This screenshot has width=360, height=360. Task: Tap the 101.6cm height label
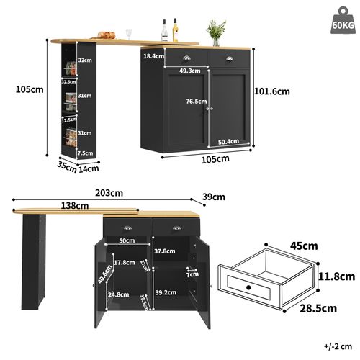click(x=273, y=91)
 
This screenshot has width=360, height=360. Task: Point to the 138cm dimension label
click(x=76, y=206)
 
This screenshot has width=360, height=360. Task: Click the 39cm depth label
click(x=214, y=197)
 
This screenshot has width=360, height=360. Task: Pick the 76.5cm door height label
click(x=196, y=102)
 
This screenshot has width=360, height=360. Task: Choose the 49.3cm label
click(x=189, y=71)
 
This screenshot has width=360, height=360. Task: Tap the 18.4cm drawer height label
click(x=153, y=55)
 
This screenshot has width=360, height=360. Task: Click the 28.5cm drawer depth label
click(x=318, y=309)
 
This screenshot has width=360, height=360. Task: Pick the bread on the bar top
click(x=107, y=34)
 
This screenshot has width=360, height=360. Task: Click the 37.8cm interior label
click(x=165, y=251)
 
